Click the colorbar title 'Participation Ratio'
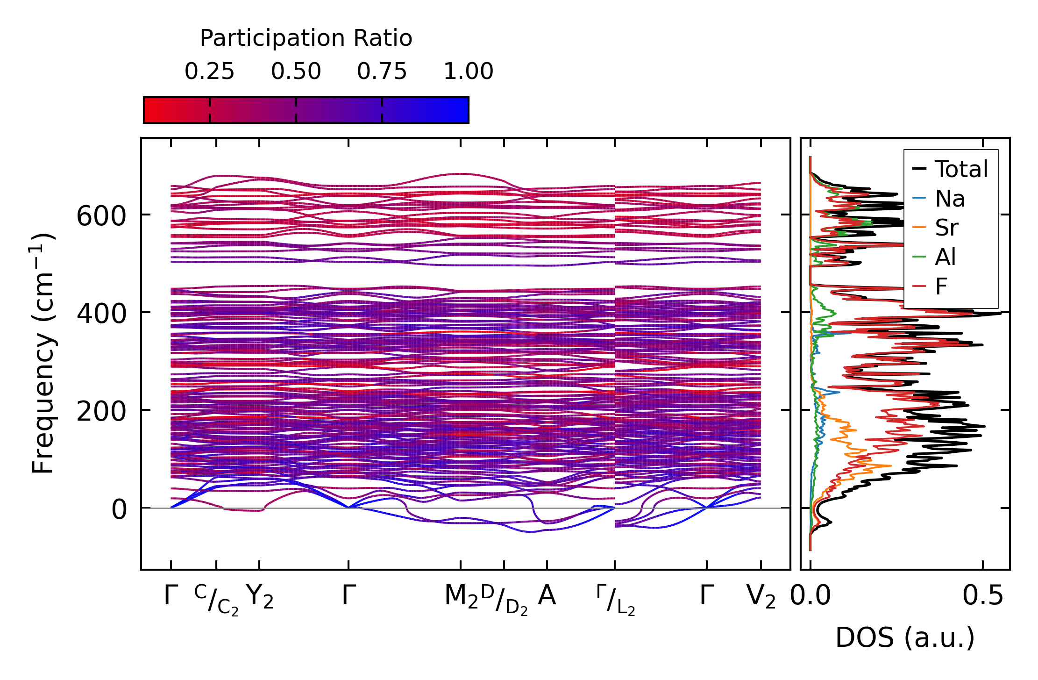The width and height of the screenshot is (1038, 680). [x=306, y=38]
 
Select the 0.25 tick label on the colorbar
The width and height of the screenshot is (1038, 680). [x=209, y=72]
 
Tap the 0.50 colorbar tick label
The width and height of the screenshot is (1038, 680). [x=296, y=72]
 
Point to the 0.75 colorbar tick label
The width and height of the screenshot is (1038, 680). [x=382, y=72]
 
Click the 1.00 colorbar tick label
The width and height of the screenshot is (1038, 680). [x=468, y=72]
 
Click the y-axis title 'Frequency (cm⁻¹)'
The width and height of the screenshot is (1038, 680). [x=43, y=353]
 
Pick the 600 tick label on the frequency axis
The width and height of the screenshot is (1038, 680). [x=101, y=216]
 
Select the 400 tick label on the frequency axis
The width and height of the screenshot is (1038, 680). [x=101, y=314]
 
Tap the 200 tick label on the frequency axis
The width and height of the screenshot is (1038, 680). [x=101, y=412]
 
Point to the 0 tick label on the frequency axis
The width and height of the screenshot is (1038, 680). [x=119, y=509]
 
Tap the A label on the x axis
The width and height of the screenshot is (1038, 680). [x=547, y=596]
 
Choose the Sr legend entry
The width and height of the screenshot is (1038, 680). [x=946, y=228]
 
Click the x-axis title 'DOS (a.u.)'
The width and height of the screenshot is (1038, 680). [x=905, y=638]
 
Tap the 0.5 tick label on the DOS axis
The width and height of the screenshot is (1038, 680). [x=983, y=596]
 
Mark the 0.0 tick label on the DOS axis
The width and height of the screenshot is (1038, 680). [x=810, y=596]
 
